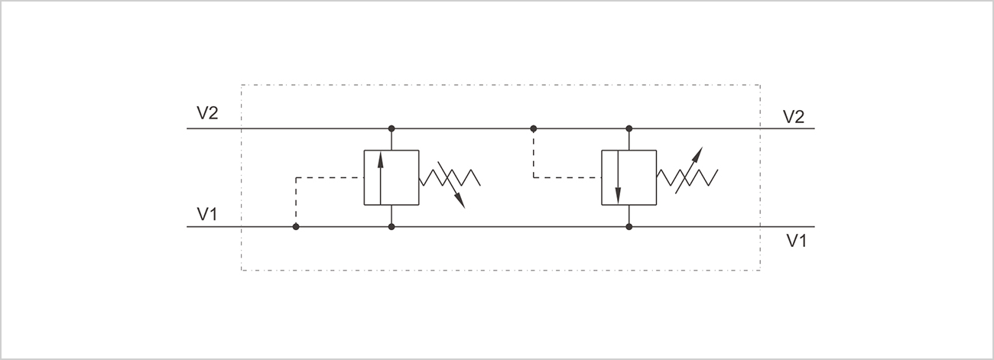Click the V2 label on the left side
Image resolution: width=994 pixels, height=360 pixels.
coord(207,113)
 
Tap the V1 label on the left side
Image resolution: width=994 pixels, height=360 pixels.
coord(207,214)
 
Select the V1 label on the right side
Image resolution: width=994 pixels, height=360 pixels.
coord(797,241)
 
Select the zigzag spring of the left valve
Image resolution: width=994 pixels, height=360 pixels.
coord(450,177)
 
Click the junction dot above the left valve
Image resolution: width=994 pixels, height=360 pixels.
coord(391,128)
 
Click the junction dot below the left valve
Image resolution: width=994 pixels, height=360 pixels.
coord(391,227)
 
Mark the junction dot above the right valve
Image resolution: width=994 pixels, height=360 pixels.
coord(629,128)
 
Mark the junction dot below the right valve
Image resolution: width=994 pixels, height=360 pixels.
coord(629,227)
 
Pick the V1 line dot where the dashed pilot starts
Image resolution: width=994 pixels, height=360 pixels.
coord(296,227)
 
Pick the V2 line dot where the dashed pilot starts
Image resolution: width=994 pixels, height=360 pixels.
coord(534,128)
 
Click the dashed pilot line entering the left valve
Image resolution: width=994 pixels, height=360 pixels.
coord(329,177)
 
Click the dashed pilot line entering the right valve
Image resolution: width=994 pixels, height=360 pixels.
coord(566,177)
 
